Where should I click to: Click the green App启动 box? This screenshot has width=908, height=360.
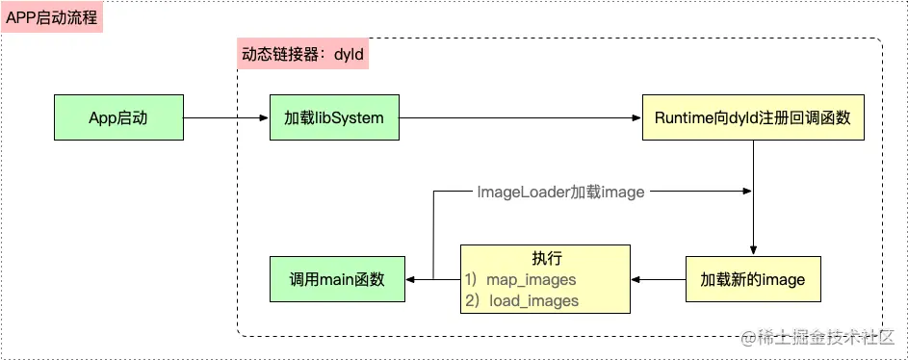coord(117,117)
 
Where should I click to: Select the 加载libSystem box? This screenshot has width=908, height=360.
coord(334,117)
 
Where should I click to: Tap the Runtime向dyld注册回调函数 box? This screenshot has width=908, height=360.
coord(752,117)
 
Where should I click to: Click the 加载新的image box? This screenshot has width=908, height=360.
coord(752,279)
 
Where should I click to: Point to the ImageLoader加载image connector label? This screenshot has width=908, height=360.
coord(560,192)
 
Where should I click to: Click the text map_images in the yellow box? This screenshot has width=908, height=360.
coord(531,279)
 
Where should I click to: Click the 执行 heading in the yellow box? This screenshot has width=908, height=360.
coord(546,258)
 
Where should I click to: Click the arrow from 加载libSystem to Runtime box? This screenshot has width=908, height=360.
coord(520,117)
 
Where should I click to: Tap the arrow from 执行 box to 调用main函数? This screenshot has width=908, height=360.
coord(431,279)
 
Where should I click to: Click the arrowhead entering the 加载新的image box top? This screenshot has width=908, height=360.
coord(752,249)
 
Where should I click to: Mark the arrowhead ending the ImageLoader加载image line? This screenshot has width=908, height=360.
coord(746,192)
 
